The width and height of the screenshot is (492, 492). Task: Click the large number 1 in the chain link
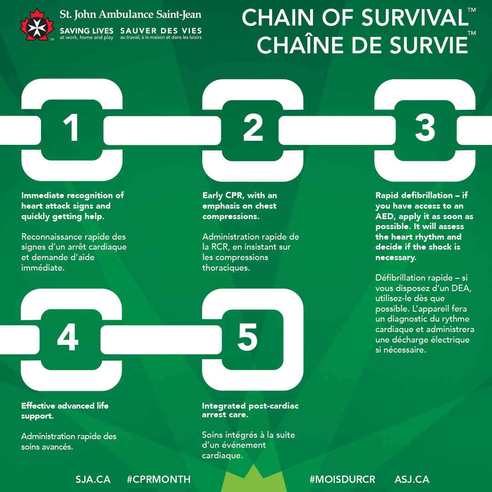pyautogui.click(x=71, y=128)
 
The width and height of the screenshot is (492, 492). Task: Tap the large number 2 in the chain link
pyautogui.click(x=253, y=128)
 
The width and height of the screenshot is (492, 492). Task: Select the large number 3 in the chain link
pyautogui.click(x=425, y=128)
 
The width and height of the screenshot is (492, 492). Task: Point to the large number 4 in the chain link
pyautogui.click(x=68, y=339)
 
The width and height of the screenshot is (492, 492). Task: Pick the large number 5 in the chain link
pyautogui.click(x=248, y=339)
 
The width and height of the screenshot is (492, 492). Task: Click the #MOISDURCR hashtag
pyautogui.click(x=343, y=479)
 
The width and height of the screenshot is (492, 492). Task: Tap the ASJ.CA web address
pyautogui.click(x=412, y=479)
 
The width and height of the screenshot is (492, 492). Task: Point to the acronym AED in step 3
pyautogui.click(x=385, y=216)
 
